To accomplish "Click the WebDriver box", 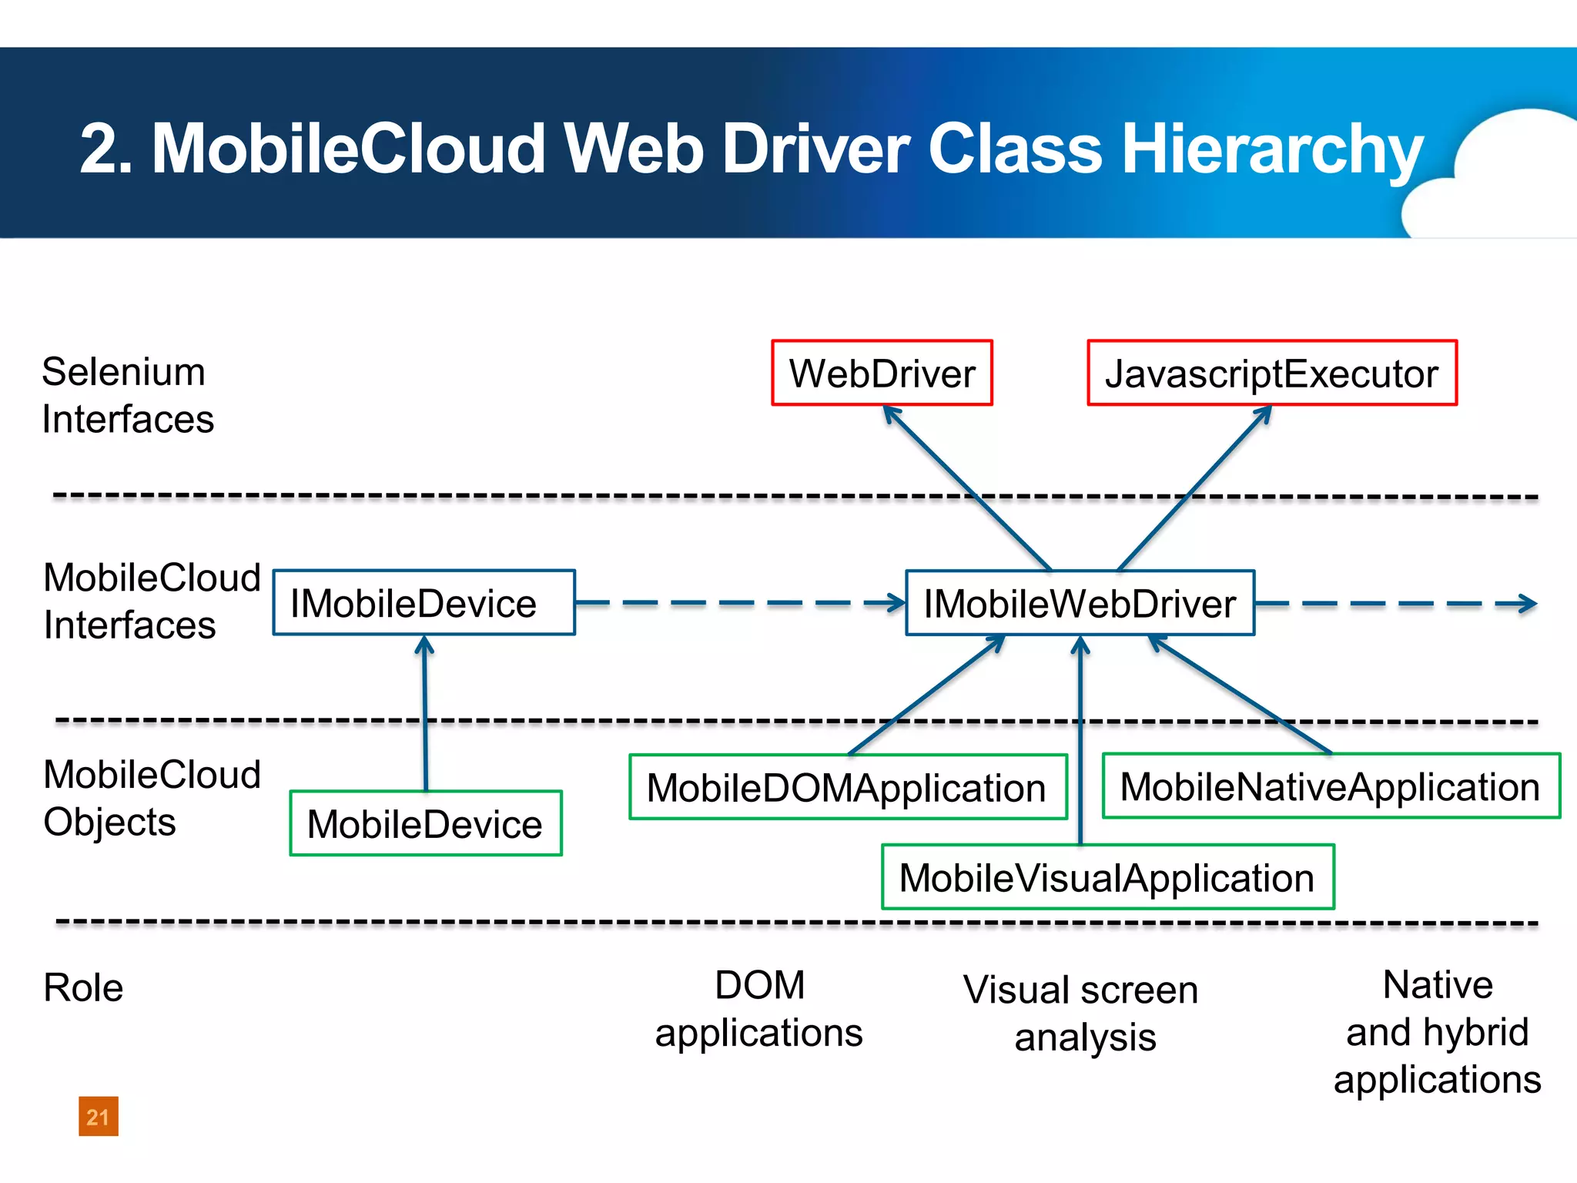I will (x=882, y=374).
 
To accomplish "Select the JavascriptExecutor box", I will (x=1271, y=374).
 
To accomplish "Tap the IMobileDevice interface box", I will (x=424, y=603).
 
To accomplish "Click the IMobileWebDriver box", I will (x=1080, y=603).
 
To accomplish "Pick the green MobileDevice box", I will (x=425, y=823).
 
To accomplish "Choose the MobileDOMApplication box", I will (x=847, y=787).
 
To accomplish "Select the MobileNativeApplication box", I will (x=1331, y=786).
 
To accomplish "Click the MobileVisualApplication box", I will (x=1107, y=877).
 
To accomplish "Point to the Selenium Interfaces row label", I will (x=127, y=395).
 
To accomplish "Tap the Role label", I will (x=83, y=987).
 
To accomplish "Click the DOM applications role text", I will (x=759, y=1009).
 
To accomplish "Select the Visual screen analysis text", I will (x=1081, y=1013).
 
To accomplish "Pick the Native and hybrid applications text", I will (x=1438, y=1032).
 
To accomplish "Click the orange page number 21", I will (x=98, y=1117).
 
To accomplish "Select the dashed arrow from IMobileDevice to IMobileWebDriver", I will (x=739, y=603).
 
